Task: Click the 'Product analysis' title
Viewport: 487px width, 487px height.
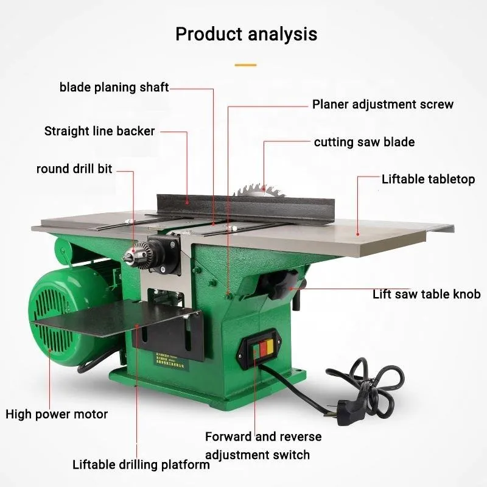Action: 246,33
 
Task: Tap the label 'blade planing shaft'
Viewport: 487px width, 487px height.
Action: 114,87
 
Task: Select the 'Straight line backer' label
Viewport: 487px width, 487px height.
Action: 100,131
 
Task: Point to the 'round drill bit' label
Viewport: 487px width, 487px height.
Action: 74,169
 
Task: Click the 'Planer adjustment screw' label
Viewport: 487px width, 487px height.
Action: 383,104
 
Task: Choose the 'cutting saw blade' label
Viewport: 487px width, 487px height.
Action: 364,142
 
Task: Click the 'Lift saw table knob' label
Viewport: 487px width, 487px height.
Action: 426,294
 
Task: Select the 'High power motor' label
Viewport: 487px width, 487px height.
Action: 57,415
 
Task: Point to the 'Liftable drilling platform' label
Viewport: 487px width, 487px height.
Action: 141,465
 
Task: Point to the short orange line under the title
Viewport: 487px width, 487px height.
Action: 246,64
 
